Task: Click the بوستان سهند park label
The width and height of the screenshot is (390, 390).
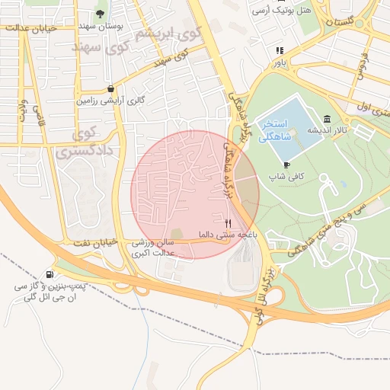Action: tap(101, 26)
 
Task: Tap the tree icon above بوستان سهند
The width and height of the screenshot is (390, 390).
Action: tap(101, 13)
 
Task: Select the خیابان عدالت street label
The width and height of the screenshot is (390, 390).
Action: tap(27, 28)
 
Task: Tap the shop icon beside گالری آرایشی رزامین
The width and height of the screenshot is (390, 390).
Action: tap(111, 88)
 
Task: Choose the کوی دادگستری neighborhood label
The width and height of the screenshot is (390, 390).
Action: tap(84, 143)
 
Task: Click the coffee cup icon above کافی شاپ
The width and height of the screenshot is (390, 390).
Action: tap(286, 164)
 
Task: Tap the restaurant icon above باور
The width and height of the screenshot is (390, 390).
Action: tap(280, 50)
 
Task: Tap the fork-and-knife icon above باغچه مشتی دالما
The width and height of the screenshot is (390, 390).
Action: tap(227, 223)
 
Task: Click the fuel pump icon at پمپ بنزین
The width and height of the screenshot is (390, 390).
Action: tap(50, 274)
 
